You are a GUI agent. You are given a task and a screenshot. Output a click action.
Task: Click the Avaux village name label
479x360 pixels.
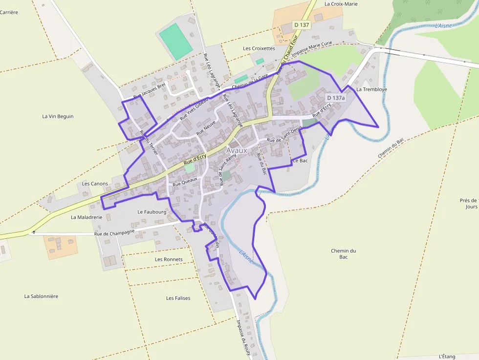click(x=237, y=150)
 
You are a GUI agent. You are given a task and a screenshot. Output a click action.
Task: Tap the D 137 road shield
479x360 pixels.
click(x=302, y=24)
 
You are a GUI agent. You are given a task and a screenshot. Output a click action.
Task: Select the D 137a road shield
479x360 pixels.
click(x=336, y=98)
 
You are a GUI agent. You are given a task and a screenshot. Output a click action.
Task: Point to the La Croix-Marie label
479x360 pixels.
click(x=341, y=4)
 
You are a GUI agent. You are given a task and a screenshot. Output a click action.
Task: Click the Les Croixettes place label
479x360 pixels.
click(x=259, y=48)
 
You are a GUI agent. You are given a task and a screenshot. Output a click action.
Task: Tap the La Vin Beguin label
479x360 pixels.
click(x=58, y=116)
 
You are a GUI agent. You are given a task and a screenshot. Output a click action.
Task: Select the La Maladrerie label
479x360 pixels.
click(x=87, y=217)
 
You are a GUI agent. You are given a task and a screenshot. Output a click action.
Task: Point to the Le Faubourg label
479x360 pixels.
click(x=152, y=212)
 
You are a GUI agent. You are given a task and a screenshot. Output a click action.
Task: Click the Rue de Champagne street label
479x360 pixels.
click(x=114, y=233)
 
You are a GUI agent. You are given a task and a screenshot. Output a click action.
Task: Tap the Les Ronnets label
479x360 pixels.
click(x=169, y=259)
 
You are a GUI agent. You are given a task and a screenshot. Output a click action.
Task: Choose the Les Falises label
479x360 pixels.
click(x=178, y=298)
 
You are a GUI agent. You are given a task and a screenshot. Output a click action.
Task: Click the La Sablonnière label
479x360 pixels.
click(x=41, y=296)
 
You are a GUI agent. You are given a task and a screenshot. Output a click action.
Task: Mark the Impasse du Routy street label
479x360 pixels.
click(x=243, y=337)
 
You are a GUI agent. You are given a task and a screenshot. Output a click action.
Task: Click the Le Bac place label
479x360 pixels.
click(x=300, y=160)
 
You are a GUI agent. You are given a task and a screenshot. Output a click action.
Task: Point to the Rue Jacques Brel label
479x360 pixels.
click(x=150, y=88)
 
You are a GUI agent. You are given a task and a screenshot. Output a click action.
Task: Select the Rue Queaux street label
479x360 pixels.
click(x=185, y=181)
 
